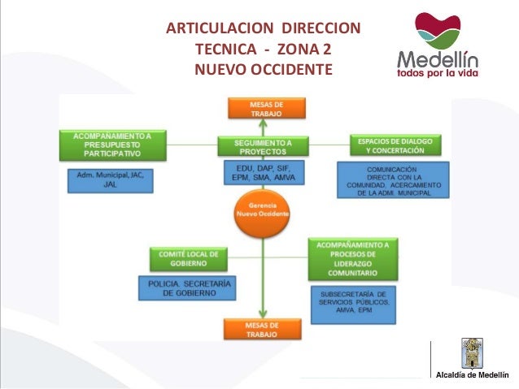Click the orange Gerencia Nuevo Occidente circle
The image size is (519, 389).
[x=262, y=209]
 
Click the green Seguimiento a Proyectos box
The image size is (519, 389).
[x=263, y=145]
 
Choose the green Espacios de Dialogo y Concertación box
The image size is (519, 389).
[x=395, y=145]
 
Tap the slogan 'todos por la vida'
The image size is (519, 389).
[x=437, y=72]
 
